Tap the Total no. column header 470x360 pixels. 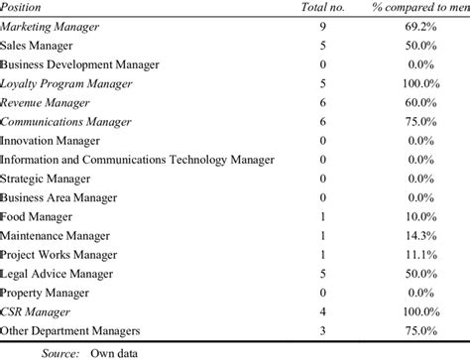322,8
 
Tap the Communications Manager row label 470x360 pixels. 65,121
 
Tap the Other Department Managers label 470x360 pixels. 69,329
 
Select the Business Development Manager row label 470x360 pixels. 79,64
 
